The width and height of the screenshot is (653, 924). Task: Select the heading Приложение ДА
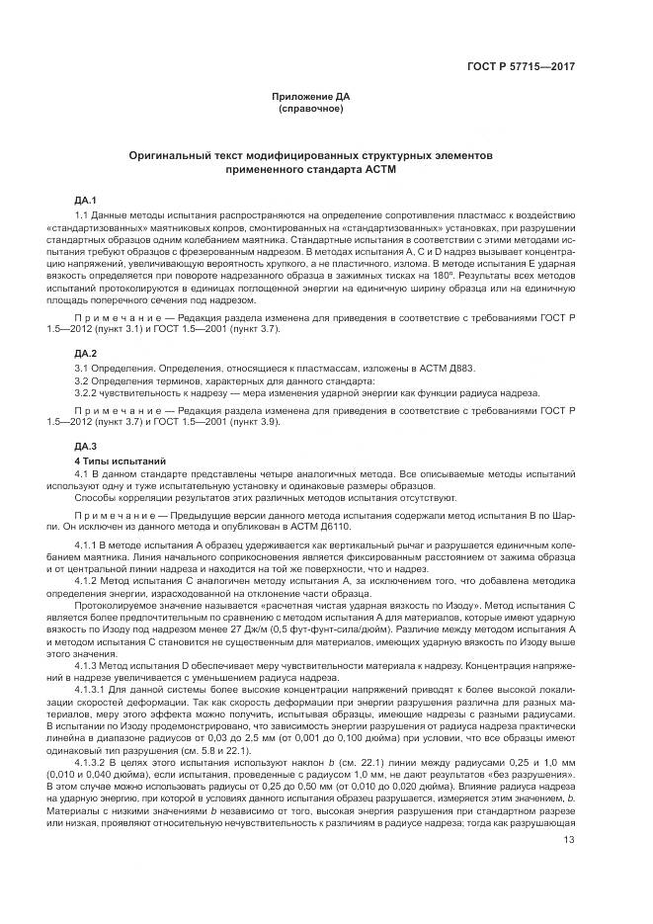click(311, 96)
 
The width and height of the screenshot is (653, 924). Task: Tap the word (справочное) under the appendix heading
click(311, 108)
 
